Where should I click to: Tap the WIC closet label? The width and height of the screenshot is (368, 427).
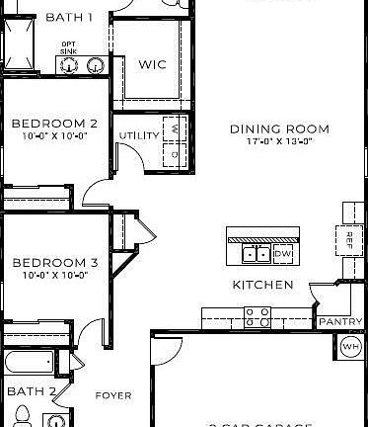[152, 65]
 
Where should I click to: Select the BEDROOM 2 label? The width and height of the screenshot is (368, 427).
[54, 124]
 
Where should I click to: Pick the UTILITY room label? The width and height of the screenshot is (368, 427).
[138, 135]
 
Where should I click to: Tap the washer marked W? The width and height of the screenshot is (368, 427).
[175, 128]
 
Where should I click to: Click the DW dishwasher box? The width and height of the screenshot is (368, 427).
[283, 255]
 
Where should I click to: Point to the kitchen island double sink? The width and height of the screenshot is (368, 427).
[258, 255]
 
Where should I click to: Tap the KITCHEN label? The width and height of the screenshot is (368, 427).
[262, 285]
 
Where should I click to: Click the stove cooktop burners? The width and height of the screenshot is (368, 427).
[258, 316]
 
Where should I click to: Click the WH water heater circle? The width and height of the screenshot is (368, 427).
[351, 346]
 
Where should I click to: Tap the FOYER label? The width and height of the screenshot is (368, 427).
[112, 395]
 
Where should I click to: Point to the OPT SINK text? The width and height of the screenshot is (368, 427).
[68, 46]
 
